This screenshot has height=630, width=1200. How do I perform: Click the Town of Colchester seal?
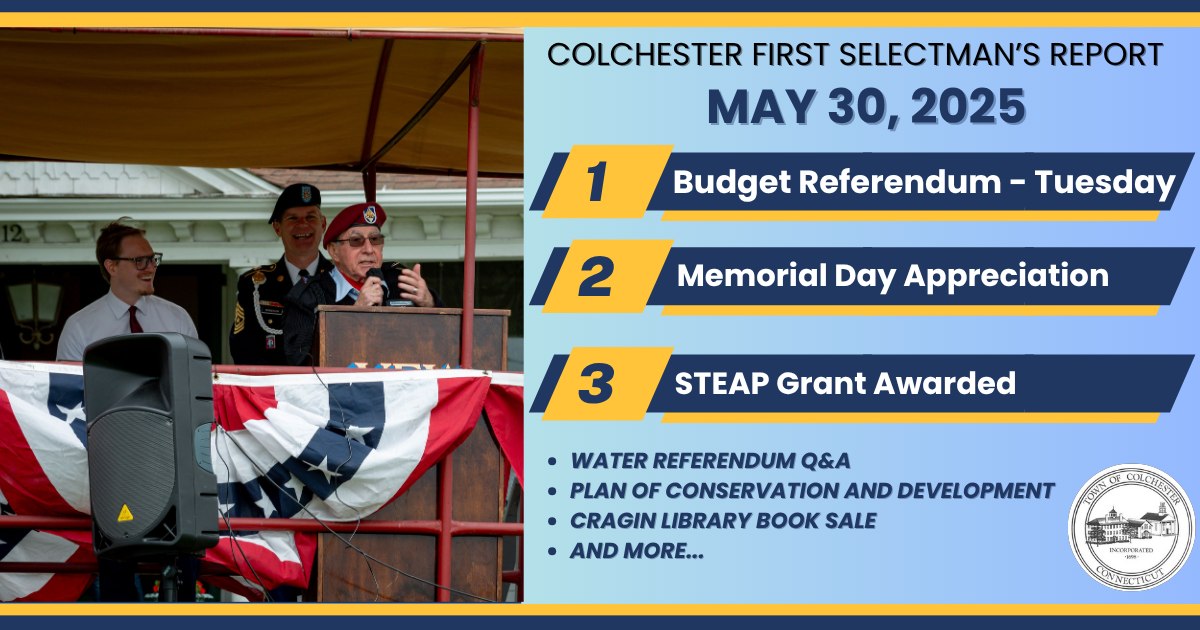pyautogui.click(x=1131, y=527)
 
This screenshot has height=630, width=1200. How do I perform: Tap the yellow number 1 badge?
pyautogui.click(x=608, y=181)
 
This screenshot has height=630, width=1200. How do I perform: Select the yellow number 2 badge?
pyautogui.click(x=608, y=276)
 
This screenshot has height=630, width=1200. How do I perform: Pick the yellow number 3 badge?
pyautogui.click(x=608, y=383)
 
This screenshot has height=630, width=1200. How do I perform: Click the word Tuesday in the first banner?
pyautogui.click(x=1105, y=183)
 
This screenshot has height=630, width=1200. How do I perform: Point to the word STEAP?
pyautogui.click(x=721, y=383)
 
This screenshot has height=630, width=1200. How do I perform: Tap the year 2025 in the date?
pyautogui.click(x=968, y=107)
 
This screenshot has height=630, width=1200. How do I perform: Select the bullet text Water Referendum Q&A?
pyautogui.click(x=710, y=461)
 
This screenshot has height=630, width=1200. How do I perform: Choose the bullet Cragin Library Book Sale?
pyautogui.click(x=723, y=521)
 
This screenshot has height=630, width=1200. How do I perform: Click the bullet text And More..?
pyautogui.click(x=637, y=551)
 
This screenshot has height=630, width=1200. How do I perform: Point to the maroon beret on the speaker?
pyautogui.click(x=354, y=221)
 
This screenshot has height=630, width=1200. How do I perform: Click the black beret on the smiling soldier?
pyautogui.click(x=295, y=199)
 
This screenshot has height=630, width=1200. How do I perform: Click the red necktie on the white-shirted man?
pyautogui.click(x=134, y=319)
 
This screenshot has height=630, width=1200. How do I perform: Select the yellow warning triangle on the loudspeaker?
pyautogui.click(x=125, y=513)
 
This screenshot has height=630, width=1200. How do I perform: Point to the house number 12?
pyautogui.click(x=12, y=233)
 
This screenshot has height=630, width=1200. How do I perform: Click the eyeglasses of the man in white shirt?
pyautogui.click(x=138, y=261)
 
